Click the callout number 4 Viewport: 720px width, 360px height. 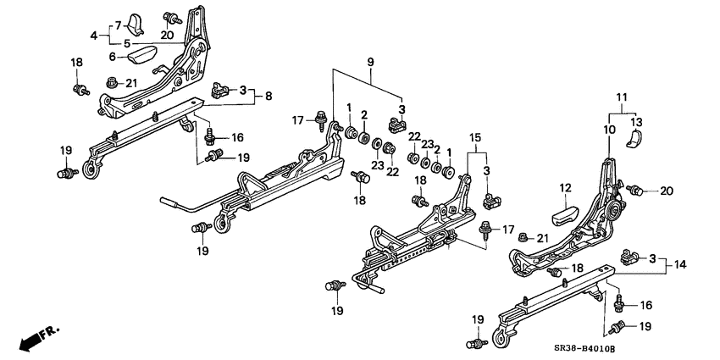[94, 36]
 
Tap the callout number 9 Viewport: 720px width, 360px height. [369, 61]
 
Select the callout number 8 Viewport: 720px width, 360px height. [268, 97]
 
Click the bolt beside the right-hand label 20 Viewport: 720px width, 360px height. [639, 189]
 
